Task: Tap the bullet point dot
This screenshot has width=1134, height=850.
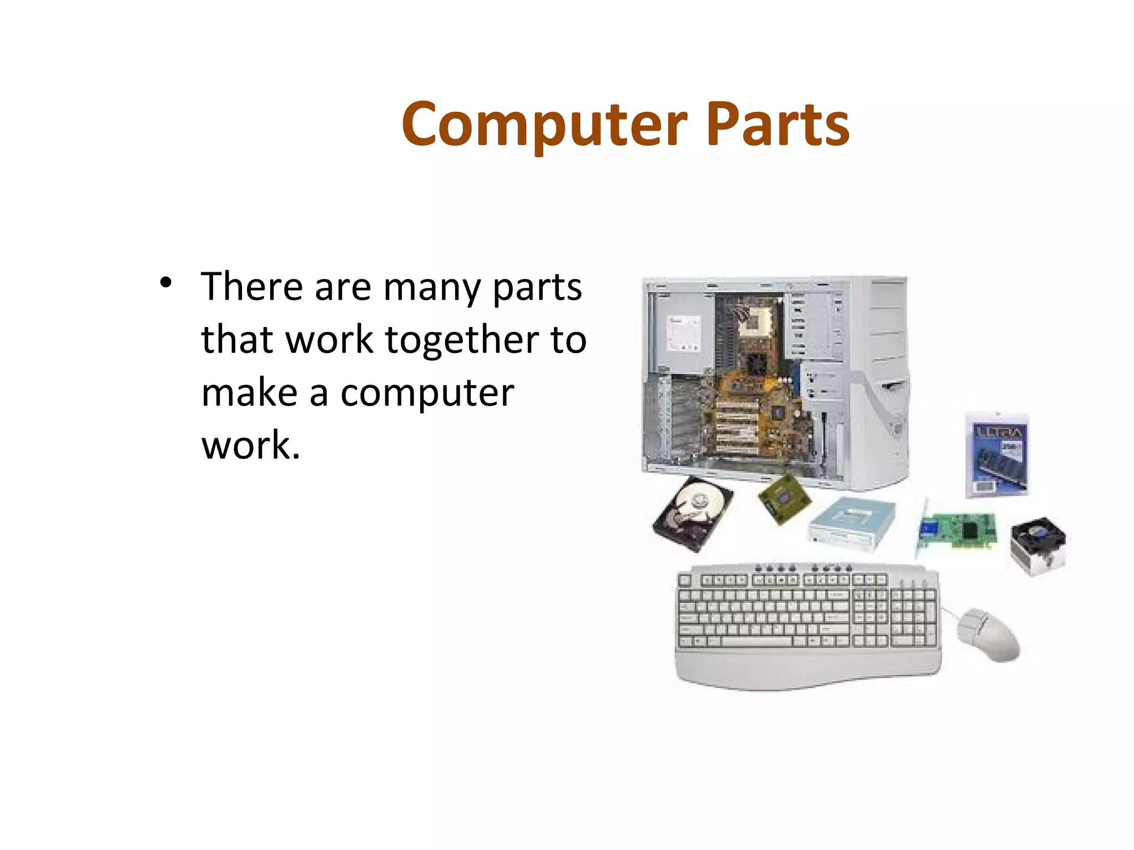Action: (165, 283)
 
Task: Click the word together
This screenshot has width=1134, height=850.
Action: (462, 340)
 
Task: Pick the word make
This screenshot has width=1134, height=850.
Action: (250, 392)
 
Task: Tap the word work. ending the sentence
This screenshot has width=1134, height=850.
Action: (250, 445)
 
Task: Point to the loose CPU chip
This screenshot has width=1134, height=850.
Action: (784, 499)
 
